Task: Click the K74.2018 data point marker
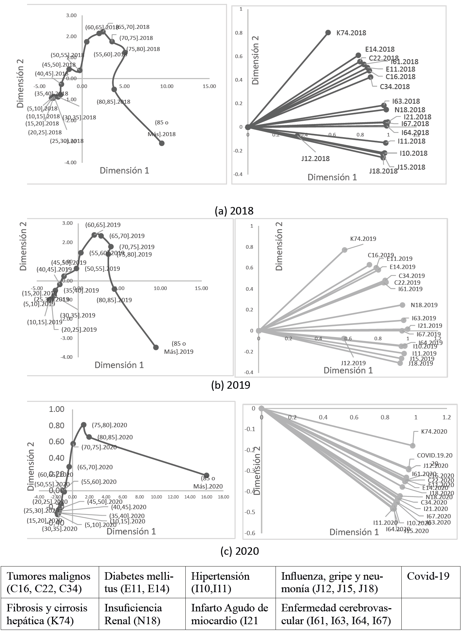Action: [x=328, y=32]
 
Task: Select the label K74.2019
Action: [x=363, y=239]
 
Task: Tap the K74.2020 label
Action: [x=434, y=431]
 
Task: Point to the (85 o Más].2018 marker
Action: [x=161, y=143]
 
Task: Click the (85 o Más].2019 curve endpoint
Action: [x=156, y=347]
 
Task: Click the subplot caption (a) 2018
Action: [x=234, y=211]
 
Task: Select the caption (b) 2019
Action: [x=231, y=385]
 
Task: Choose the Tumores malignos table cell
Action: [x=48, y=582]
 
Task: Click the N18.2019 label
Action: [x=424, y=305]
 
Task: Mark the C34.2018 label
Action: [x=395, y=87]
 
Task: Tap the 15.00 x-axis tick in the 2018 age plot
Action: [x=209, y=86]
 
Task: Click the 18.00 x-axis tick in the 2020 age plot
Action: [x=223, y=497]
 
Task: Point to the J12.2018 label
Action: [x=315, y=159]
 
